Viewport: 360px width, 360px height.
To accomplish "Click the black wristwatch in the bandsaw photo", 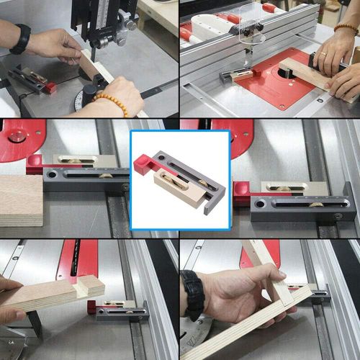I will point(20,39).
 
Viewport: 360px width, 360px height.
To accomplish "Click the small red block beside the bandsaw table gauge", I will point(50,87).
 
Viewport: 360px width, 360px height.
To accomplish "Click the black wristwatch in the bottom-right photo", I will point(192,295).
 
